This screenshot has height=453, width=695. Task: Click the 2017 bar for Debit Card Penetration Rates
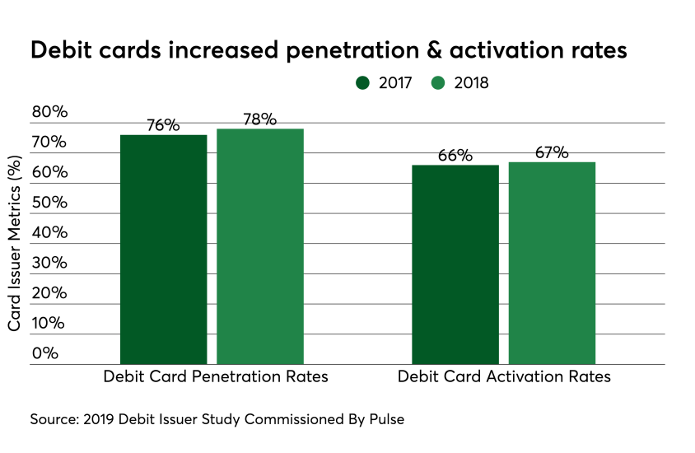[x=163, y=249]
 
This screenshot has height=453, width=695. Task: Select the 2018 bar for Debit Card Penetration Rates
[x=260, y=245]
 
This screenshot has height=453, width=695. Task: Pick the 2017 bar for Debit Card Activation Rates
[x=455, y=264]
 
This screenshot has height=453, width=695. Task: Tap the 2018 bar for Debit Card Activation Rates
[x=552, y=262]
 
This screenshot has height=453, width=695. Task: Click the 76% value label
[x=163, y=125]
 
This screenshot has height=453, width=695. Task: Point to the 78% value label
[x=260, y=119]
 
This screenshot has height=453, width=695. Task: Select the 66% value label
[x=455, y=156]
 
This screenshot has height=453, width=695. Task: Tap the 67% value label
[x=552, y=152]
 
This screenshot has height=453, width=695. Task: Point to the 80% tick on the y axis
[x=49, y=112]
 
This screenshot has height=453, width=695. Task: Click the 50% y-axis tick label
[x=49, y=203]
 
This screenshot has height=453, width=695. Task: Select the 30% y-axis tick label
[x=49, y=263]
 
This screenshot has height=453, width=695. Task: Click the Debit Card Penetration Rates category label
[x=216, y=377]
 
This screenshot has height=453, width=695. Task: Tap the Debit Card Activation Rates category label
[x=504, y=377]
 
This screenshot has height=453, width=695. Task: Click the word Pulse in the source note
[x=386, y=419]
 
